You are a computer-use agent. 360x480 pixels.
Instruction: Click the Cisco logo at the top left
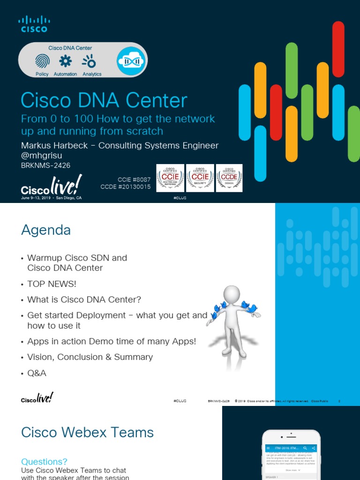pyautogui.click(x=34, y=24)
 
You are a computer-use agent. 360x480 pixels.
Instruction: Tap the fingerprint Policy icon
pyautogui.click(x=42, y=61)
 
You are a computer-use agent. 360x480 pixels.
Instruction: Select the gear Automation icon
pyautogui.click(x=65, y=61)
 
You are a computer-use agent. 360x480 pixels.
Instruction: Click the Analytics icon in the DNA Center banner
pyautogui.click(x=89, y=61)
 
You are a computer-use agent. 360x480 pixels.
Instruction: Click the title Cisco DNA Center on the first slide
pyautogui.click(x=104, y=101)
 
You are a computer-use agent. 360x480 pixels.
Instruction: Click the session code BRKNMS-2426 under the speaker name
pyautogui.click(x=45, y=165)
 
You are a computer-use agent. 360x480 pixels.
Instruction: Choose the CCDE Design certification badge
pyautogui.click(x=229, y=178)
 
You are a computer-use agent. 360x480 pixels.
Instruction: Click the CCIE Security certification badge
pyautogui.click(x=200, y=178)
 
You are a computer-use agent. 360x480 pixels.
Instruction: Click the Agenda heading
pyautogui.click(x=46, y=230)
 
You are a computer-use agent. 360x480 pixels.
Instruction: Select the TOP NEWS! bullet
pyautogui.click(x=52, y=284)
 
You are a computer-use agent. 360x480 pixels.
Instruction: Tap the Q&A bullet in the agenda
pyautogui.click(x=37, y=373)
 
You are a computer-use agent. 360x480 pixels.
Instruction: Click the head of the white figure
pyautogui.click(x=232, y=294)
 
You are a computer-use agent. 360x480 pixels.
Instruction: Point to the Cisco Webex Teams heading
pyautogui.click(x=87, y=432)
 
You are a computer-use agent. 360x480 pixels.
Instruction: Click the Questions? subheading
pyautogui.click(x=44, y=462)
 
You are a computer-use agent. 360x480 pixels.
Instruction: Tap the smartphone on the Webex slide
pyautogui.click(x=291, y=457)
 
